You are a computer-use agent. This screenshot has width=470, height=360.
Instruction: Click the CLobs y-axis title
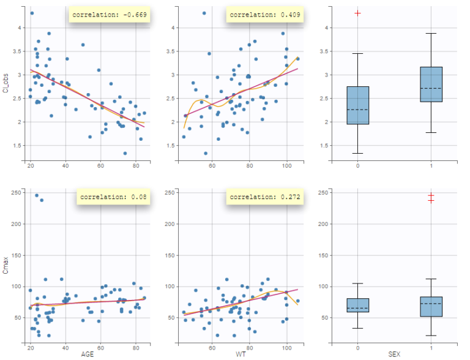[x=6, y=84]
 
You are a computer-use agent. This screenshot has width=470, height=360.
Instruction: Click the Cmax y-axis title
[x=6, y=268]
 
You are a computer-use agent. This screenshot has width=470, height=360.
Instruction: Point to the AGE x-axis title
[x=88, y=354]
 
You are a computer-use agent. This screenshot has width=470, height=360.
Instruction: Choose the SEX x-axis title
[x=395, y=354]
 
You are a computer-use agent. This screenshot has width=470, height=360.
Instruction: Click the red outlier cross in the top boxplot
[x=357, y=13]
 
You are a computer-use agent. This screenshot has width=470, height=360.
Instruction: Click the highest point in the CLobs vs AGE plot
[x=32, y=13]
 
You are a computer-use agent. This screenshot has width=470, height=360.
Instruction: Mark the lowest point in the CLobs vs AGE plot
[x=125, y=153]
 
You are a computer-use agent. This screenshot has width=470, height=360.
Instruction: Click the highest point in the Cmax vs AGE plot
[x=36, y=195]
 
